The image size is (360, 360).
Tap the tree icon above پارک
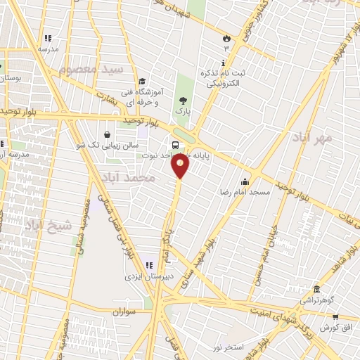point(184,101)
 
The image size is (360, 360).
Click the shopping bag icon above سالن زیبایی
point(106,134)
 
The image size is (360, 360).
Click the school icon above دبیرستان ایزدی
point(148,265)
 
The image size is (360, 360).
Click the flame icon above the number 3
point(226,39)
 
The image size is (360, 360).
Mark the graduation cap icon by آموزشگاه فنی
point(143,82)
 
